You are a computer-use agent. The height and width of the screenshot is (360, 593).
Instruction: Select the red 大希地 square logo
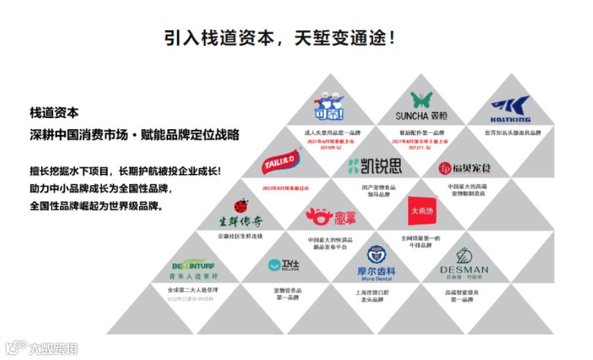421,210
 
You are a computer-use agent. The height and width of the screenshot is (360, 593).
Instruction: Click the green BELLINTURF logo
194,270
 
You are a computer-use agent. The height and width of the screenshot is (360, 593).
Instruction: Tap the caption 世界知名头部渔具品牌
512,132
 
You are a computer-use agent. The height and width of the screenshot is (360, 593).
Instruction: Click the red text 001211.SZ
420,148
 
